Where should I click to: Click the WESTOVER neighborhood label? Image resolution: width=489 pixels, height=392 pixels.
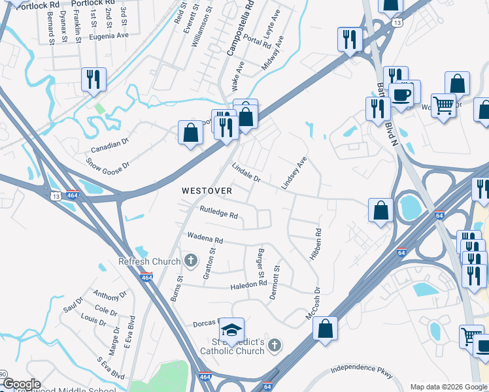207,191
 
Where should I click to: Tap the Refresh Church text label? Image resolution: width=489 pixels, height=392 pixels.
149,262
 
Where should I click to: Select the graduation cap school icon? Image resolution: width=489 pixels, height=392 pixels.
231,328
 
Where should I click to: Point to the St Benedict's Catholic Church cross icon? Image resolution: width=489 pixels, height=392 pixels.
275,344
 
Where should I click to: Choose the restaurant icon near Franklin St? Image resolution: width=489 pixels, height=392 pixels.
94,79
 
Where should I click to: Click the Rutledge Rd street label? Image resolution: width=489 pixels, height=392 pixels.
219,214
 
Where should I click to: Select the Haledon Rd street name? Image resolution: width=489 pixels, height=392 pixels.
248,285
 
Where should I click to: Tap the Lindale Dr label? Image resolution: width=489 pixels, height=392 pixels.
246,173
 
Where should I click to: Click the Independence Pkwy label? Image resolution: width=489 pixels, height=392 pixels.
362,370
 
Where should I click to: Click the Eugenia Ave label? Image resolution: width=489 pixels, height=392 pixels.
110,37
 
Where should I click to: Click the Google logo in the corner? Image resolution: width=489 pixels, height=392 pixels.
21,384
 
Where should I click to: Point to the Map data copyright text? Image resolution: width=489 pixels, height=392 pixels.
448,387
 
